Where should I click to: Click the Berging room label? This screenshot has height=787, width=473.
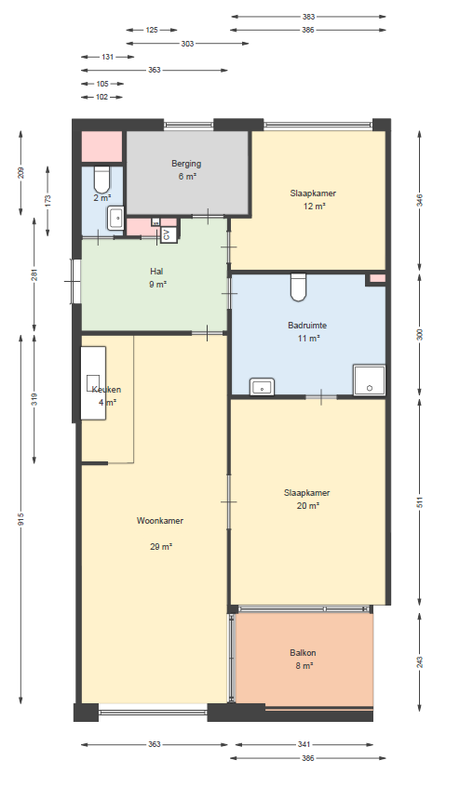(x=186, y=164)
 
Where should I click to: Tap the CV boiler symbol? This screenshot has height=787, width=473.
(x=169, y=235)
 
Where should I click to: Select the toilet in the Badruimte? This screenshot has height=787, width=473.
(x=298, y=287)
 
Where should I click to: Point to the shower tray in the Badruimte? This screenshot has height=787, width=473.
(x=369, y=380)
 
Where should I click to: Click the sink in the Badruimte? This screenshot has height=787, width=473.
(x=262, y=386)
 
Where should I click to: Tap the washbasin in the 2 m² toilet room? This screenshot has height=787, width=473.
(x=115, y=218)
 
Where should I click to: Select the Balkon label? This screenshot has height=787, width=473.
(x=303, y=653)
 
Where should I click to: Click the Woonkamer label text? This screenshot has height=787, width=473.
(x=159, y=521)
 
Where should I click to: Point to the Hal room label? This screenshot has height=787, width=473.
(x=156, y=272)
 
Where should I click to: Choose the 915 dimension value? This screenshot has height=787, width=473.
(x=20, y=519)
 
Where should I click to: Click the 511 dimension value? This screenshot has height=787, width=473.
(x=420, y=502)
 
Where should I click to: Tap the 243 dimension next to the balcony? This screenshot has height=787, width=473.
(x=420, y=662)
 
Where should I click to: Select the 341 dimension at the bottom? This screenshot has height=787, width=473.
(x=304, y=744)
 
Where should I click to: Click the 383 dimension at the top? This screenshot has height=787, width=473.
(x=308, y=17)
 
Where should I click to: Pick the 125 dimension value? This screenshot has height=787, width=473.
(x=152, y=30)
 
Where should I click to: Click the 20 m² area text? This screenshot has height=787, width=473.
(x=308, y=506)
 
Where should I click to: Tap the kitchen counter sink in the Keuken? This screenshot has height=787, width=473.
(x=93, y=383)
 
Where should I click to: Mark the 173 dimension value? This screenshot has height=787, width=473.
(x=47, y=201)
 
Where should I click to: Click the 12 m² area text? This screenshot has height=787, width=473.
(x=315, y=207)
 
